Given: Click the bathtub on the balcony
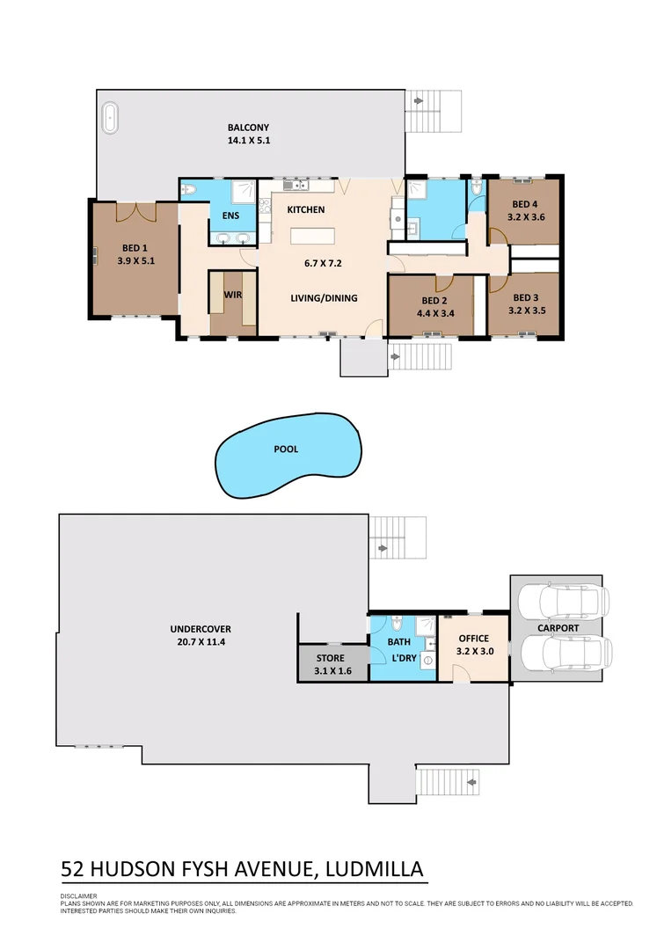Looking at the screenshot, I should [x=111, y=117].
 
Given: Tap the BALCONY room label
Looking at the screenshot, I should [x=248, y=128].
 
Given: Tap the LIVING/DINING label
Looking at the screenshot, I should [x=324, y=298].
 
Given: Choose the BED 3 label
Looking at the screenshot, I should [x=525, y=298].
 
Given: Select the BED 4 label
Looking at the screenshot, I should [x=525, y=205].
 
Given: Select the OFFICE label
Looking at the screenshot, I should [x=473, y=639].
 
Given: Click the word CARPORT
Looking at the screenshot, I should [x=558, y=628].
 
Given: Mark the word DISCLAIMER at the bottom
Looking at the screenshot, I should [x=78, y=896].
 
